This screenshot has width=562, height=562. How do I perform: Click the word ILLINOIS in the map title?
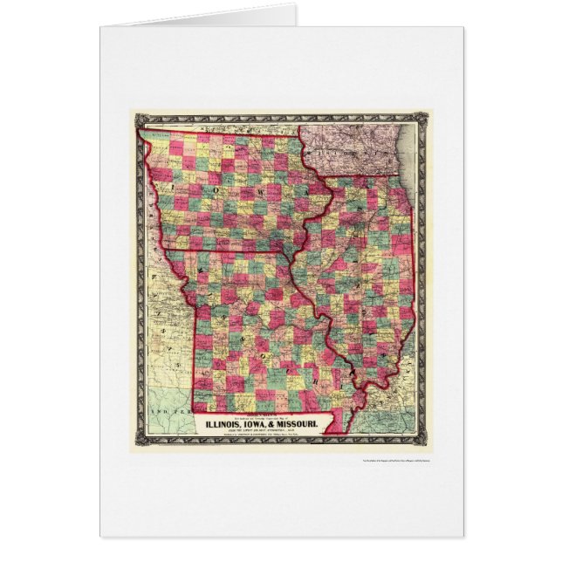pyautogui.click(x=231, y=425)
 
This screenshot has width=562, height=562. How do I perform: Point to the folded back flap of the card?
pyautogui.click(x=209, y=17)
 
